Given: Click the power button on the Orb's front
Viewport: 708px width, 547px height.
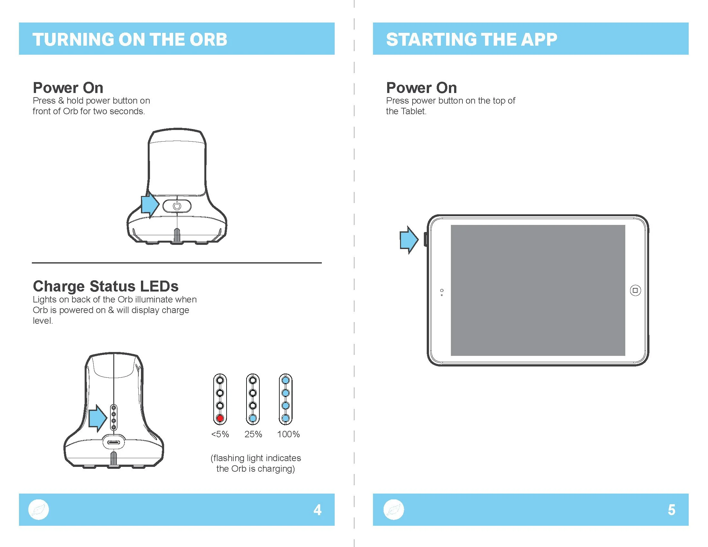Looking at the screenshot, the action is [177, 206].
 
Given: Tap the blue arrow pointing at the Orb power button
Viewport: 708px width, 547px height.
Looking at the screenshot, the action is [150, 205].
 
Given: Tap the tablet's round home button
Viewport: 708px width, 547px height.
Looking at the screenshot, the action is [635, 290].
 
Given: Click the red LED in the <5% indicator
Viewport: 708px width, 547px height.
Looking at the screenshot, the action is [220, 418].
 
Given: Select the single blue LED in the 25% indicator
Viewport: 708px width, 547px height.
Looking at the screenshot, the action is [253, 418].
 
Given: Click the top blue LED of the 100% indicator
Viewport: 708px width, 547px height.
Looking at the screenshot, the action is [285, 380].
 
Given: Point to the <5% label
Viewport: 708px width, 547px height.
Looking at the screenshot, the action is [220, 434].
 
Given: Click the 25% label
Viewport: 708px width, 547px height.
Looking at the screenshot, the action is [253, 434].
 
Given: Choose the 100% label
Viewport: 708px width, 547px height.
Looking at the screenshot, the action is [288, 434].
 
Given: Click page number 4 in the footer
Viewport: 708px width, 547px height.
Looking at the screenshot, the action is [317, 510].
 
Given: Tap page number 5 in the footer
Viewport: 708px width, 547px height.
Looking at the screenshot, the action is [671, 510].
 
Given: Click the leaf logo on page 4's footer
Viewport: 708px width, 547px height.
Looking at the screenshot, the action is [39, 510].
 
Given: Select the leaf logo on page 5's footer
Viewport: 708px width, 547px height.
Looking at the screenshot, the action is [394, 510].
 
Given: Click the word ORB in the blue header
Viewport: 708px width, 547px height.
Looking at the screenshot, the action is [208, 40].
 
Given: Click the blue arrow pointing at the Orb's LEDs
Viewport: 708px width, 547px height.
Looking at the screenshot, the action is [98, 418].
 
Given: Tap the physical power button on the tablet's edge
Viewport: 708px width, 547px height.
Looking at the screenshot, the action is [426, 239].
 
